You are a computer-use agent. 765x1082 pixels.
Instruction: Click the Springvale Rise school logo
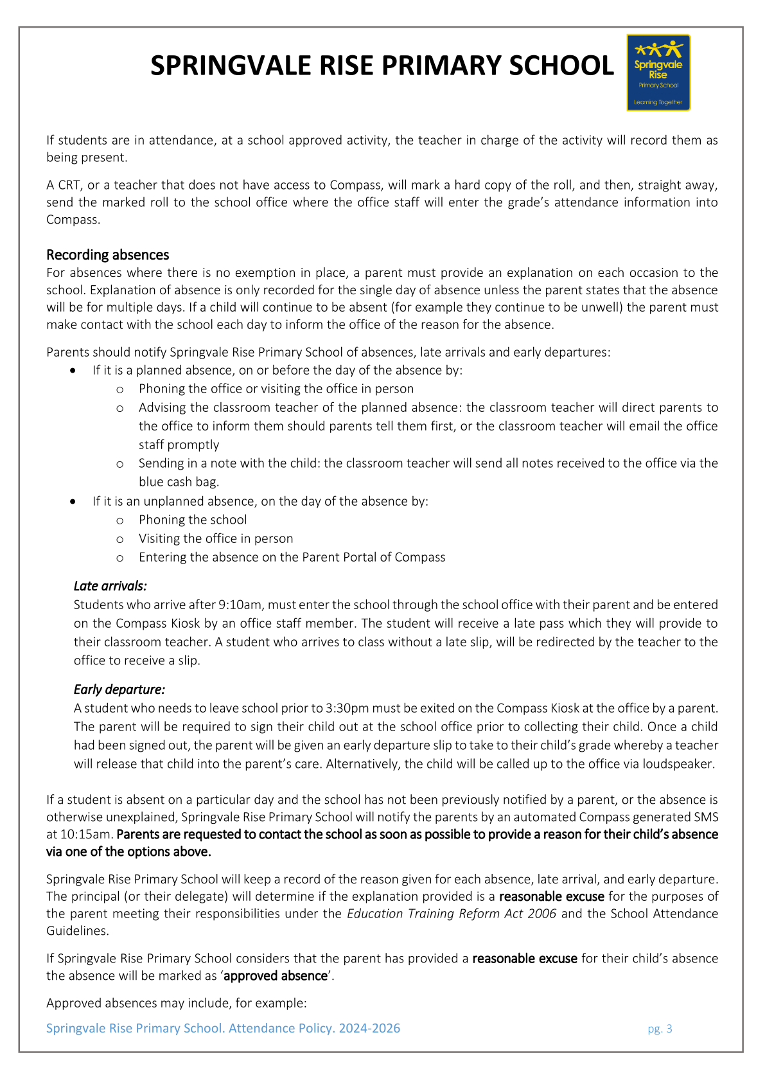pos(658,73)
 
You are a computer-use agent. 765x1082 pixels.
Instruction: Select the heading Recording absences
pos(107,255)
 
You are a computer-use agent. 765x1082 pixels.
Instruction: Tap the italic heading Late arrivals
pos(110,586)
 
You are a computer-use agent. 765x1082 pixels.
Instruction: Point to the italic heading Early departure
pos(119,689)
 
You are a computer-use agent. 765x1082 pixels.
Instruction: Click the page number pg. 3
pos(660,1029)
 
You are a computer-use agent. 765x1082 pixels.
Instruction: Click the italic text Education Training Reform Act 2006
pos(452,914)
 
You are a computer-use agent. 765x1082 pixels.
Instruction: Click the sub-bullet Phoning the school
pos(193,520)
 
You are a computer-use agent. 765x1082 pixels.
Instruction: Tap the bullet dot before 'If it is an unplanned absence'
pos(75,501)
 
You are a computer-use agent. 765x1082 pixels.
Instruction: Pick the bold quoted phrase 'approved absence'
pos(276,976)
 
